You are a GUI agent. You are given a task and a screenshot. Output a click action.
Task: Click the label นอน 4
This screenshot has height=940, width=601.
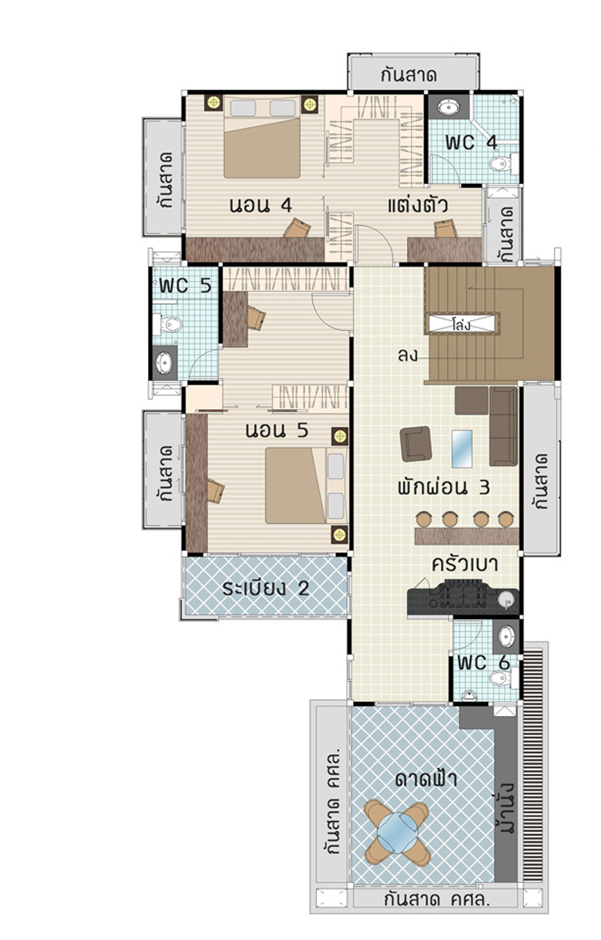(260, 205)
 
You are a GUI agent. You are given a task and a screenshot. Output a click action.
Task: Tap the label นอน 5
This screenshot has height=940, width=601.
(277, 431)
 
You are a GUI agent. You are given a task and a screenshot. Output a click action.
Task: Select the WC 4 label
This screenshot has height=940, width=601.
(471, 143)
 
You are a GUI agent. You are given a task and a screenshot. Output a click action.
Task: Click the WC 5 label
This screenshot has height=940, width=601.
(185, 286)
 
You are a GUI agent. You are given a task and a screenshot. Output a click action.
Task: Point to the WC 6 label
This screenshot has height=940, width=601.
(484, 663)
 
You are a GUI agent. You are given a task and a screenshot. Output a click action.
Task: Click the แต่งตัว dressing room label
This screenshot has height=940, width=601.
(418, 205)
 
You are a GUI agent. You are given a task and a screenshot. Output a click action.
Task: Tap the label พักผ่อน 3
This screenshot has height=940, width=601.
(444, 487)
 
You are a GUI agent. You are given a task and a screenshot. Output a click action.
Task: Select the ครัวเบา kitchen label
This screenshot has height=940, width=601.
(465, 564)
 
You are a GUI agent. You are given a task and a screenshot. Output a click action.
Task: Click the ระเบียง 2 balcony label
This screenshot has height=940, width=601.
(266, 588)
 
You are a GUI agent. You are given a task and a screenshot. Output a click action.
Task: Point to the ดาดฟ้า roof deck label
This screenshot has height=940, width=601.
(425, 779)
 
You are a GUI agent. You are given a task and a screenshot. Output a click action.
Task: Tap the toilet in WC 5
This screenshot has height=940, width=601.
(168, 325)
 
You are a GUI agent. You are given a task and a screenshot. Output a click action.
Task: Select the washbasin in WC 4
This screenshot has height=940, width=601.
(448, 107)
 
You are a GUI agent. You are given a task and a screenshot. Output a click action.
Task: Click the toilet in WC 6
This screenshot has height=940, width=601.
(503, 678)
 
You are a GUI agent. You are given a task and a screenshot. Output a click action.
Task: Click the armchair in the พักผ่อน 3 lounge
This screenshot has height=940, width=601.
(415, 443)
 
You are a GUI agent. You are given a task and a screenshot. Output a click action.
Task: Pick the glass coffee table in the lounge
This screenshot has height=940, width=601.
(462, 449)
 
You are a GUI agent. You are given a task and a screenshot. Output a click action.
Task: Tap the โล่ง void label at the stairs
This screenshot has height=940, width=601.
(461, 325)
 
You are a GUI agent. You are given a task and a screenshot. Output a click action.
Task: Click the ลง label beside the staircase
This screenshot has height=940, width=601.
(407, 355)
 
